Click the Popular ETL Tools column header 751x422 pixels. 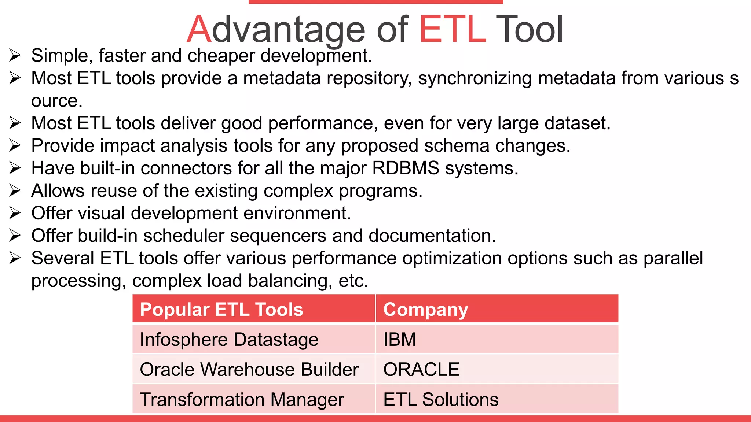[x=221, y=310]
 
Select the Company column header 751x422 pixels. [x=425, y=310]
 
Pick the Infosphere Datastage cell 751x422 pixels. [x=229, y=340]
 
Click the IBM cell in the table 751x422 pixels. [x=400, y=340]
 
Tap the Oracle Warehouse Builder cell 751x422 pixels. [x=249, y=370]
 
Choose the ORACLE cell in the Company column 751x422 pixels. [x=421, y=370]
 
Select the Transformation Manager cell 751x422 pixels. [x=242, y=400]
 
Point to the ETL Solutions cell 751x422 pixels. [x=441, y=400]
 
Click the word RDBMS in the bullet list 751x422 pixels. [x=406, y=168]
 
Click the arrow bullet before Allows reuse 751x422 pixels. [x=15, y=190]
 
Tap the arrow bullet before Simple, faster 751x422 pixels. [x=15, y=56]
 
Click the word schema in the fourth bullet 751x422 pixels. [x=457, y=146]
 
